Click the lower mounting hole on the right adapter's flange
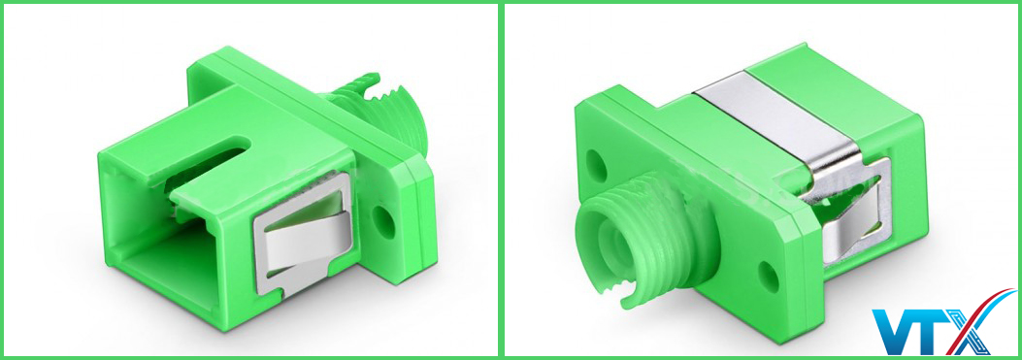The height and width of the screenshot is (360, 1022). pos(770,276)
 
